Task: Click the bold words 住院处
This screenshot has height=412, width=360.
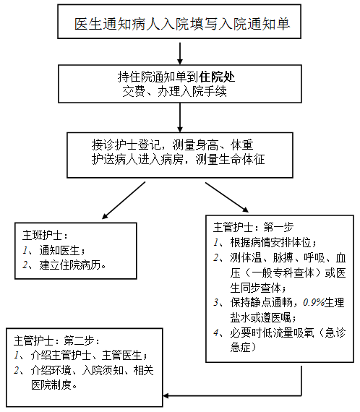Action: pos(217,77)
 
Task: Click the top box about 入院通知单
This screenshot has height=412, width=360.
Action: pos(179,22)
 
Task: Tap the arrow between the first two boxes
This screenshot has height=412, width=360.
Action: pos(180,53)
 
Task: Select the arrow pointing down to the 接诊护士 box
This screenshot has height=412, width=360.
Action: pos(180,117)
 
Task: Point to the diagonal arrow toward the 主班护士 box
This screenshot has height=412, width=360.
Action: pos(124,200)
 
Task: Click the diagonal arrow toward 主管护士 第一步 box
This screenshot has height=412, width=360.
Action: pos(227,197)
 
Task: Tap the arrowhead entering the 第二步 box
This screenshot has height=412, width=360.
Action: pos(166,395)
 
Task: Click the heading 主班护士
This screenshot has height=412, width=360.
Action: pos(42,235)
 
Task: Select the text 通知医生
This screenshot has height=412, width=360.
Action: pos(59,250)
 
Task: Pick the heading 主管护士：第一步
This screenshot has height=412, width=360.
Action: pos(253,227)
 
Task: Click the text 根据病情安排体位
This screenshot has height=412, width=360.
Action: pos(270,242)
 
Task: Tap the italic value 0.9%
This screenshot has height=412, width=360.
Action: pos(314,303)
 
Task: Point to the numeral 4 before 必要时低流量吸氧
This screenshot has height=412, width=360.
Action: pos(216,333)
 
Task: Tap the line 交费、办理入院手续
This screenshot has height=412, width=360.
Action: pos(174,92)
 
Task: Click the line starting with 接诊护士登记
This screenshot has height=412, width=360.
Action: pos(172,145)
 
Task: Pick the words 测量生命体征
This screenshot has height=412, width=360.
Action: pos(230,160)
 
